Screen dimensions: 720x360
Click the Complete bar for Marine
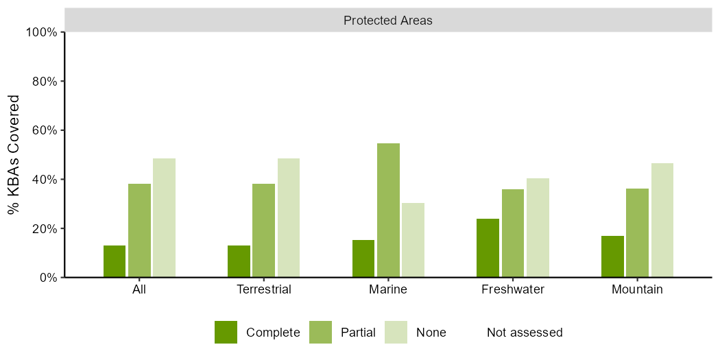[363, 259]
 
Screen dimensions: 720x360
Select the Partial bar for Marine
[388, 211]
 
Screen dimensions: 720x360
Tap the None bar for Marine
[413, 240]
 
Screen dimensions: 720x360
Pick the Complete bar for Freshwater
[488, 248]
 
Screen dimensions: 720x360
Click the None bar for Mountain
[662, 220]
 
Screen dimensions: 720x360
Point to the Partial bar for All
[139, 230]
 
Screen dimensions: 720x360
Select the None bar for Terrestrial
[289, 217]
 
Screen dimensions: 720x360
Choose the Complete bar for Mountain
[612, 256]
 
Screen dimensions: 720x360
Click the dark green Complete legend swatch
[226, 332]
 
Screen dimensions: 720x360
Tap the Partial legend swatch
[320, 332]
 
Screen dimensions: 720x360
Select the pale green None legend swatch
[396, 332]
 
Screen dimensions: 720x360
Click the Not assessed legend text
[525, 332]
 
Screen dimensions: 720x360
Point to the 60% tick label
[45, 130]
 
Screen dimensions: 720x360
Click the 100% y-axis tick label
[43, 32]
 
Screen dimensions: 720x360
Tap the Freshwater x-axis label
[513, 290]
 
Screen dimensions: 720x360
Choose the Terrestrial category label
[264, 290]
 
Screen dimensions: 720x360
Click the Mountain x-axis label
[637, 290]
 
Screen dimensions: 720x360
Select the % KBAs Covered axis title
[14, 155]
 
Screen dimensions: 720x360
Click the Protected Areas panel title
[388, 21]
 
